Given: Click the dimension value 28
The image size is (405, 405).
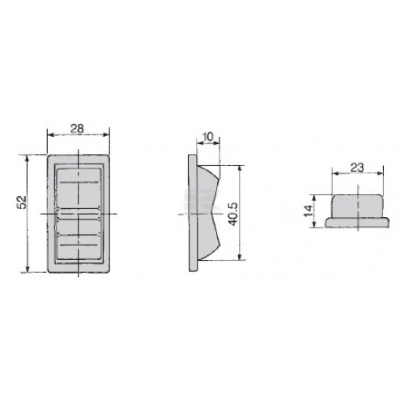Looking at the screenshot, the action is coord(77,129).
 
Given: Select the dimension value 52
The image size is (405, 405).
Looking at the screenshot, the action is coord(22,202).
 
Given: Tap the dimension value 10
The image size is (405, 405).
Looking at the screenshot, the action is coord(208,137).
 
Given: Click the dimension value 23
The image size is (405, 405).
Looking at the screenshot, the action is coord(357,168).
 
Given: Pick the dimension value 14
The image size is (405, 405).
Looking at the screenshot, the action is coord(308,211).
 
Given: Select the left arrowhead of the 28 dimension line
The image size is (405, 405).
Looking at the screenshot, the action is coord(51,135).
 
